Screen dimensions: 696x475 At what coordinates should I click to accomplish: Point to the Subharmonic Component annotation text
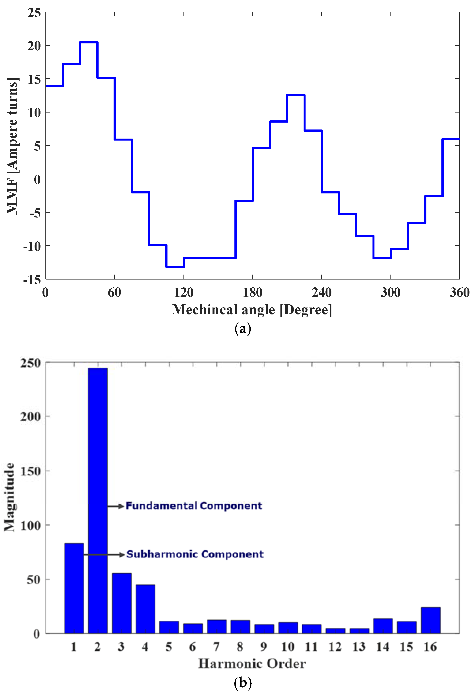pos(195,554)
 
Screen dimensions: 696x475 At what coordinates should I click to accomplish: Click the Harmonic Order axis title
pos(252,664)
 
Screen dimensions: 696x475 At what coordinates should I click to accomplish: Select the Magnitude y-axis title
pos(10,497)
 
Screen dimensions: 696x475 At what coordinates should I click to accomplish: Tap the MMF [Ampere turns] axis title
pos(13,146)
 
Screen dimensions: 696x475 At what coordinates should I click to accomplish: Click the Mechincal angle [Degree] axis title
pos(252,310)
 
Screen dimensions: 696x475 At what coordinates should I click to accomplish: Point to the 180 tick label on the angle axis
pos(253,292)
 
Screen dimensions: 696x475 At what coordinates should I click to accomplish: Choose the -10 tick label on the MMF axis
pos(32,246)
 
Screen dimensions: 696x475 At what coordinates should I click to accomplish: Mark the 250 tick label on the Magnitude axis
pos(31,363)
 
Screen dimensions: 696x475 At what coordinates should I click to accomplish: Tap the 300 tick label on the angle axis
pos(390,292)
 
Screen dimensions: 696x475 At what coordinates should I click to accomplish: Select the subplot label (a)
pos(243,329)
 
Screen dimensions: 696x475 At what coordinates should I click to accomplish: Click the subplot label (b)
pos(243,683)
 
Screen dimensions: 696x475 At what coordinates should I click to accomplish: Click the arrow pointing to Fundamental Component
pos(116,506)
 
